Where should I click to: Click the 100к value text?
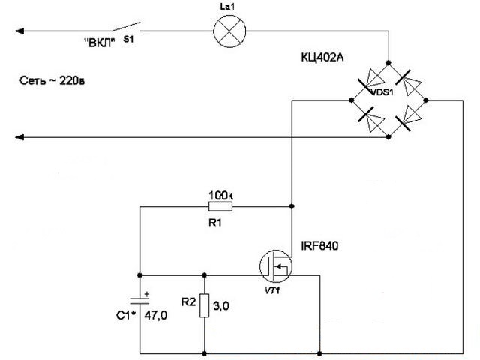221,194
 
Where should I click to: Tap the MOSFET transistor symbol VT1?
274,264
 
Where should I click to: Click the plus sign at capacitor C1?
147,294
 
